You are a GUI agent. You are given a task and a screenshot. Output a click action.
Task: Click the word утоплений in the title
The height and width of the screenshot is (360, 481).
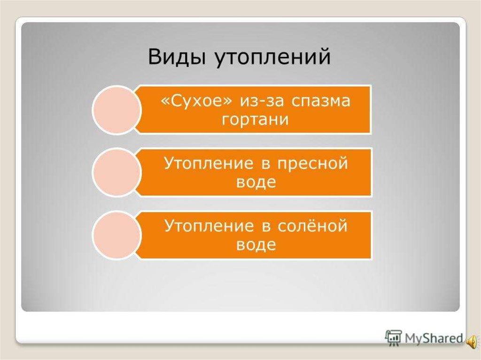click(x=273, y=57)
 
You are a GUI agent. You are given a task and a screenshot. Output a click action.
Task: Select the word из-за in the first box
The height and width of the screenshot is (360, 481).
click(x=261, y=101)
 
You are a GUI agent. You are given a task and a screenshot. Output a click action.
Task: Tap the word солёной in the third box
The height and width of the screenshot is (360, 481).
click(x=312, y=226)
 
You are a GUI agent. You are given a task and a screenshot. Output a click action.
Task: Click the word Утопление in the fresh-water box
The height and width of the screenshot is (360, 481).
click(x=209, y=163)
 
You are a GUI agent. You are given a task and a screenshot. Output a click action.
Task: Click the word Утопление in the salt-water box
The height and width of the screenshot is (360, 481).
click(x=209, y=226)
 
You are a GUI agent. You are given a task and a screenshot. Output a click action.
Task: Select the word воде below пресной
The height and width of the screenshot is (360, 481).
click(x=256, y=183)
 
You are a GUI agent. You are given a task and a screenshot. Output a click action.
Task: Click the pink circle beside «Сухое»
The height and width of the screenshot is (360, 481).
click(x=116, y=110)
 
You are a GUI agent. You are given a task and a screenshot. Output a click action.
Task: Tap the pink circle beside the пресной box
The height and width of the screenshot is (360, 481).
click(x=116, y=172)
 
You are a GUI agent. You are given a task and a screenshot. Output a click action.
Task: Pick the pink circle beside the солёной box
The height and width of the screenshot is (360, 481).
click(x=116, y=235)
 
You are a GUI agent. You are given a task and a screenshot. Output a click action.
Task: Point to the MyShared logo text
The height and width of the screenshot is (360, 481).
click(x=434, y=338)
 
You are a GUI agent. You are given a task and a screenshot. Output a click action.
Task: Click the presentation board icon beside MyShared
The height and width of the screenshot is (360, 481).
click(x=394, y=338)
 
